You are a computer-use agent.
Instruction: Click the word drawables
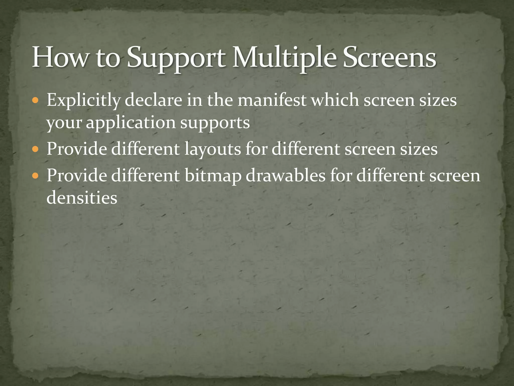[286, 175]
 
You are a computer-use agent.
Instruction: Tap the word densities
[82, 198]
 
